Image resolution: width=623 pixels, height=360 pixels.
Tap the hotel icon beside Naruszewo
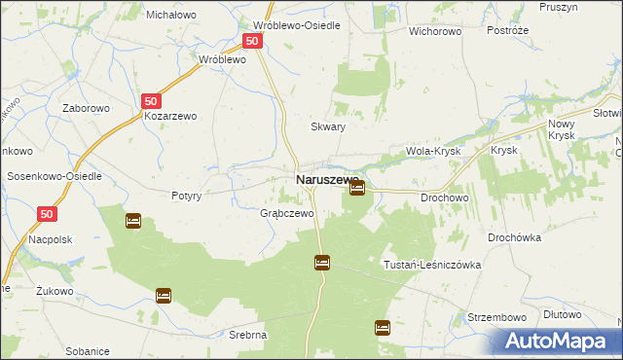coord(357,188)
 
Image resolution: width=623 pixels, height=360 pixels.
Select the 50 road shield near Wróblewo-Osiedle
coord(252,41)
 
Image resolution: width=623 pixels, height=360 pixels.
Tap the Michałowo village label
coord(171,15)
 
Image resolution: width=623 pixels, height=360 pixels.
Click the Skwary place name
coord(328,126)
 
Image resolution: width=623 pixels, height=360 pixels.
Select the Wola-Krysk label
coord(432,152)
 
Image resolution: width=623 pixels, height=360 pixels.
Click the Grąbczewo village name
coord(286,213)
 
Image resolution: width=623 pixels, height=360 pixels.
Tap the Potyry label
coord(186,196)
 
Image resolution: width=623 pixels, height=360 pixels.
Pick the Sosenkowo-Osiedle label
coord(55,176)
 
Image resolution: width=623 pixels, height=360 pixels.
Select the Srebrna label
coord(249,335)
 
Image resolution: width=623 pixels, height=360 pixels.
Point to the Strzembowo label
coord(496,317)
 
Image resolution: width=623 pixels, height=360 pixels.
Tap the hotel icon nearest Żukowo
coord(164,295)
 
